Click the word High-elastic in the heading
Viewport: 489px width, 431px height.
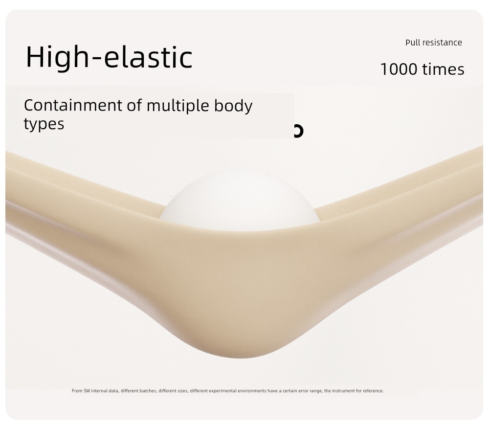point(109,58)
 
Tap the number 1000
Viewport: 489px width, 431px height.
point(399,69)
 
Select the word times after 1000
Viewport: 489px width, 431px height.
point(443,69)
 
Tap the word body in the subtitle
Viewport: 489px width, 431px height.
point(233,106)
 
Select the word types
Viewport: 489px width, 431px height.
point(44,124)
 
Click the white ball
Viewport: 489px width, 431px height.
point(240,200)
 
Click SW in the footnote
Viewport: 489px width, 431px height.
point(87,391)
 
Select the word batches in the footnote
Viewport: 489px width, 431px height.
point(148,391)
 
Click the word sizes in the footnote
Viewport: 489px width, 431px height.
point(183,391)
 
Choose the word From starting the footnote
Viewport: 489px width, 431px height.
point(77,391)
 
